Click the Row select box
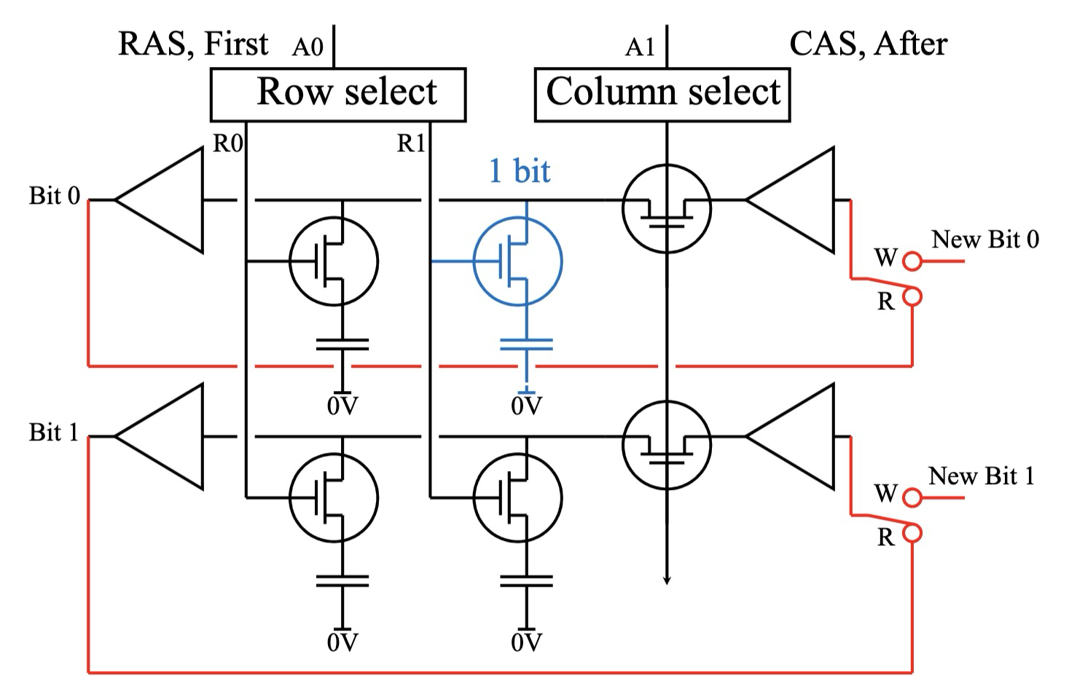point(338,94)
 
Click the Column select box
point(662,94)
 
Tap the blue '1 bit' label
point(519,171)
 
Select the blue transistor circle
point(517,261)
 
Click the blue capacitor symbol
point(526,344)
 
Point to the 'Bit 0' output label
point(55,196)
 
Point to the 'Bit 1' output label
point(54,433)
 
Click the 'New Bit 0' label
point(985,240)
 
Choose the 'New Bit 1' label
point(981,476)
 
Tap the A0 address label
point(307,48)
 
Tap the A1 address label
point(640,48)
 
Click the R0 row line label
point(227,144)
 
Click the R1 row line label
point(410,144)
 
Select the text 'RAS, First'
point(193,44)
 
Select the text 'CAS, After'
point(868,44)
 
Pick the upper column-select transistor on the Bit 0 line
point(666,209)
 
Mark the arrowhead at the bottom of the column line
point(666,580)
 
